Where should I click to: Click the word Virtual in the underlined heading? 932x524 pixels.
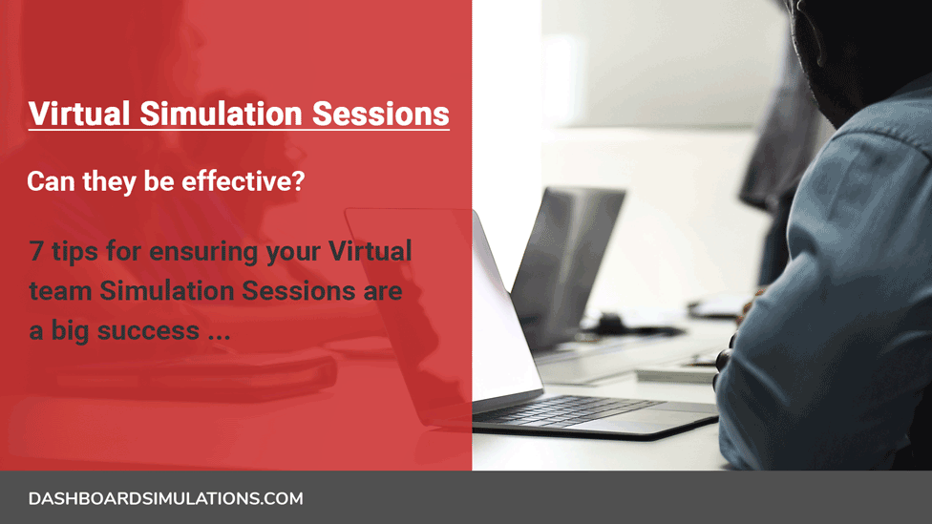[79, 114]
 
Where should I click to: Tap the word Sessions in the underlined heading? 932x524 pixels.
[381, 114]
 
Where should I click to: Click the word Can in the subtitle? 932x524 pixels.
[51, 181]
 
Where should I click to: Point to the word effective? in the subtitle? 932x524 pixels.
[244, 181]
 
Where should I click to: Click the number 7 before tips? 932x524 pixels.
[35, 251]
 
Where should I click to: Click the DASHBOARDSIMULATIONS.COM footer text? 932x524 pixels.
[166, 498]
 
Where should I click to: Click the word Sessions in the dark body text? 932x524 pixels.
[298, 291]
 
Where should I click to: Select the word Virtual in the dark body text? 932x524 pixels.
[370, 251]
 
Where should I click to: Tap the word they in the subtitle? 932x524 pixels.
[110, 181]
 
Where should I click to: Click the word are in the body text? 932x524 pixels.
[383, 293]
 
